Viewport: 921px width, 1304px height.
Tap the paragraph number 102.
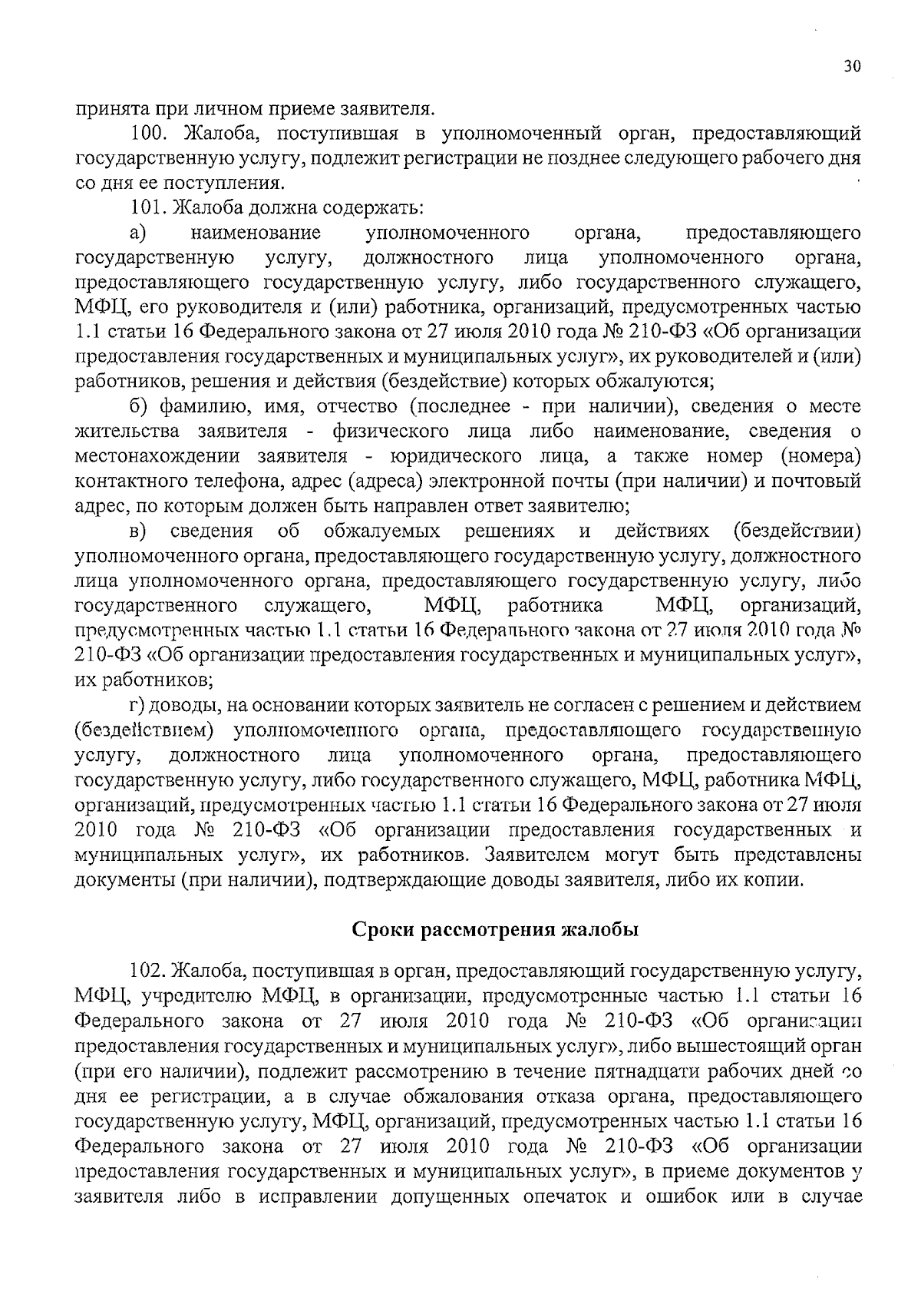click(x=146, y=971)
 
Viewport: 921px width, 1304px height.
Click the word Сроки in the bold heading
click(x=385, y=929)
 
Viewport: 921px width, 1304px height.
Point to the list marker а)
click(x=138, y=233)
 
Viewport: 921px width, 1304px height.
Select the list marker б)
click(x=139, y=406)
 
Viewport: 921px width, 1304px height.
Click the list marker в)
click(x=138, y=531)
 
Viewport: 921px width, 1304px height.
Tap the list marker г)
click(x=136, y=705)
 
